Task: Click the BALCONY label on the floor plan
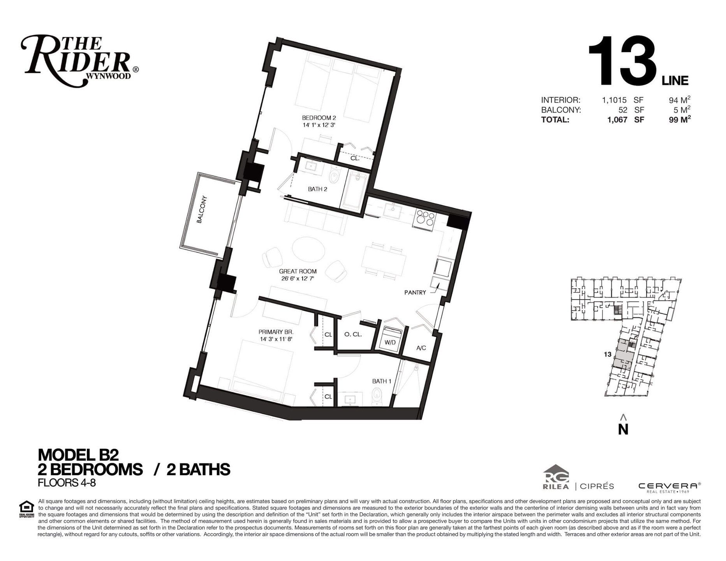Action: tap(202, 209)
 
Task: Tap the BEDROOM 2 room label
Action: tap(319, 118)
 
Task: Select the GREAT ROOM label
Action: tap(298, 271)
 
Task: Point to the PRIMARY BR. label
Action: tap(276, 332)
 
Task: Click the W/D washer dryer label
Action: tap(390, 342)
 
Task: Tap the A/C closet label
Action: tap(421, 348)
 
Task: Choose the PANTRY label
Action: tap(415, 292)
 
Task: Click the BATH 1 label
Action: tap(381, 381)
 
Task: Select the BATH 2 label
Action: tap(317, 189)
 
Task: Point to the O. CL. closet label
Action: tap(353, 334)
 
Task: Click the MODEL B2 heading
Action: tap(78, 455)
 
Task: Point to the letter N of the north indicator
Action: tap(624, 429)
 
